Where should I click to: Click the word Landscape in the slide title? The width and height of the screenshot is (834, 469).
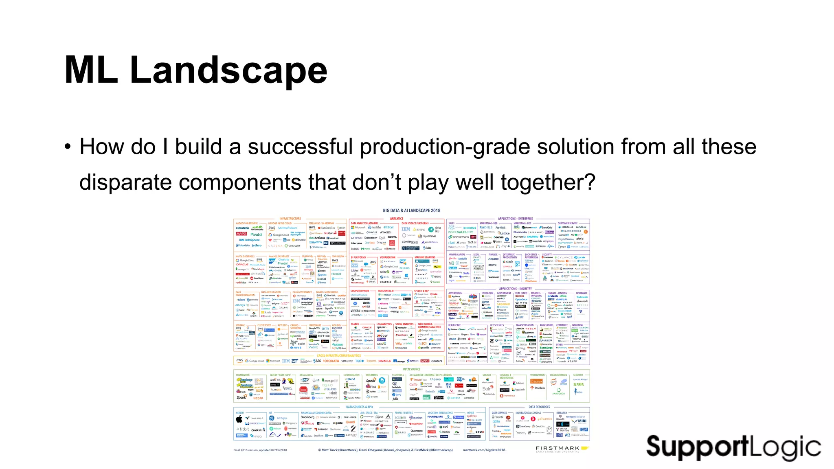228,70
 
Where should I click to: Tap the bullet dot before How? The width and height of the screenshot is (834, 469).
68,147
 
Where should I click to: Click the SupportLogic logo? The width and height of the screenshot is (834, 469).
733,447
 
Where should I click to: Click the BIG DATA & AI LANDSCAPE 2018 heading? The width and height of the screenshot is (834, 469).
411,210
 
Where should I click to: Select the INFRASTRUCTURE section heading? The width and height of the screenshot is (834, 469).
290,219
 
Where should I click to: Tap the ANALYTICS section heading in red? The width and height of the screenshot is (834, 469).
397,219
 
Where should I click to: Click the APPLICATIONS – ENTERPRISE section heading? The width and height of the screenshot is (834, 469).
515,219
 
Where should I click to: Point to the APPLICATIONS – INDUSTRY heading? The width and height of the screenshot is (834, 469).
515,289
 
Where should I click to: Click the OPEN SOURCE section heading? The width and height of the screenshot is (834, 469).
411,369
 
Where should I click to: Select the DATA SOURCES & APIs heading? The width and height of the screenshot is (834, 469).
359,407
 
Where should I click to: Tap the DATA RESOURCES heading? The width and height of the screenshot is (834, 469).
539,407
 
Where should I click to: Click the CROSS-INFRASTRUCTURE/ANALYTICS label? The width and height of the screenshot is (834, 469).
339,355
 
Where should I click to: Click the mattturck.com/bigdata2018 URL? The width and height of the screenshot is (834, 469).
484,450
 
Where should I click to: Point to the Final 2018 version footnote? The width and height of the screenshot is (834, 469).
260,450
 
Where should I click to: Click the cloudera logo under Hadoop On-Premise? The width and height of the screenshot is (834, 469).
242,228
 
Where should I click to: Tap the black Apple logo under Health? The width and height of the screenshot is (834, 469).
239,419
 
